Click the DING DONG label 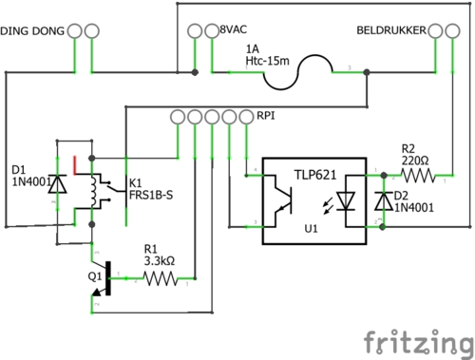(32, 31)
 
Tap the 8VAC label (234, 29)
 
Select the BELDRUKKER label (391, 30)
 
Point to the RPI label (266, 116)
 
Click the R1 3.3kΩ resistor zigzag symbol (161, 278)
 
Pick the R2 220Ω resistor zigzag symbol (418, 176)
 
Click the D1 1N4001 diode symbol (57, 183)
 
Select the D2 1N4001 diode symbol (384, 201)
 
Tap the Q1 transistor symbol (103, 278)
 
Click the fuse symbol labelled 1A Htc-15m (297, 72)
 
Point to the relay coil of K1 (94, 192)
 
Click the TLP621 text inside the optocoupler (315, 175)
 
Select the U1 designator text (311, 229)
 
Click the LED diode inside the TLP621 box (346, 201)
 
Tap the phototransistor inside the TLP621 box (283, 200)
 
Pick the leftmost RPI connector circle (178, 117)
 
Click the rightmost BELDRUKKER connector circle (452, 31)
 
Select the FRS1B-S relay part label (151, 195)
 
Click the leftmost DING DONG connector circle (75, 31)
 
